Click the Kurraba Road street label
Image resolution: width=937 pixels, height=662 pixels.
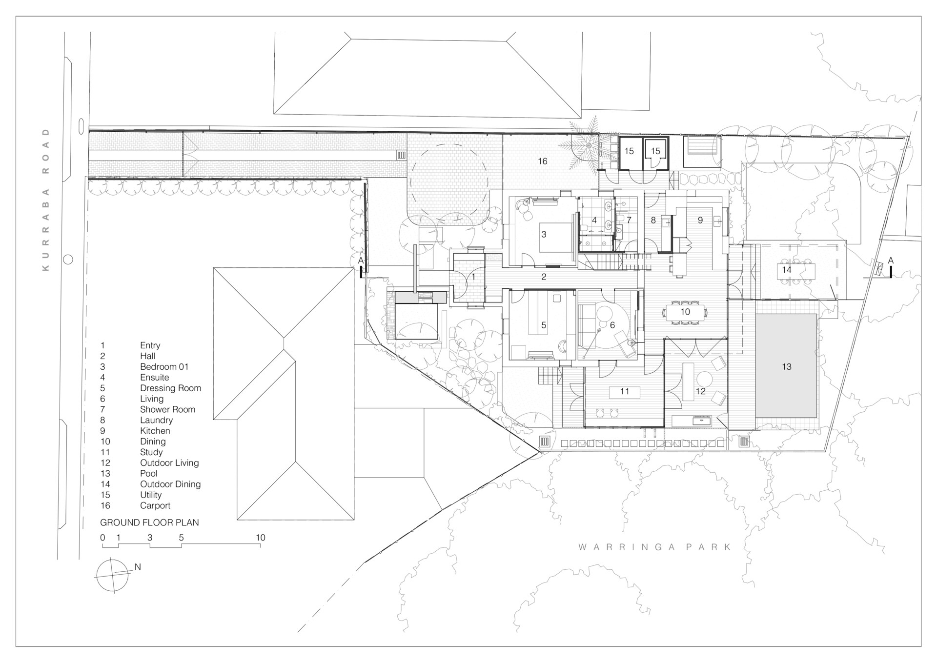click(x=46, y=200)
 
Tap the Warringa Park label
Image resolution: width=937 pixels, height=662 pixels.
click(x=655, y=547)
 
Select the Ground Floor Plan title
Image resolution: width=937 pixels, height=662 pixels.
click(x=149, y=522)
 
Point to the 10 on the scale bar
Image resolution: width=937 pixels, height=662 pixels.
click(x=260, y=538)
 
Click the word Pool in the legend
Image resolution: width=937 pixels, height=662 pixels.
click(x=148, y=474)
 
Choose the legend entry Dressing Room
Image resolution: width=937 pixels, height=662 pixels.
click(x=170, y=388)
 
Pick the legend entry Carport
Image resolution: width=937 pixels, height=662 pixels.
click(x=155, y=506)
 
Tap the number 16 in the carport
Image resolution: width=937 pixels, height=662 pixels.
click(x=543, y=161)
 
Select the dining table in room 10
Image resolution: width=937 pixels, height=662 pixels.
click(x=685, y=312)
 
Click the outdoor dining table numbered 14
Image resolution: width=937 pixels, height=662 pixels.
click(x=795, y=270)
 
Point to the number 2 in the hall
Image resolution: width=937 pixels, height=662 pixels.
click(x=544, y=277)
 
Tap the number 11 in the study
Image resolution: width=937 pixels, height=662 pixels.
click(x=625, y=391)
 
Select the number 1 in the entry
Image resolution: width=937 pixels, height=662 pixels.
click(x=473, y=277)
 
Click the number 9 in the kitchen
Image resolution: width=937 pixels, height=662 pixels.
click(x=700, y=221)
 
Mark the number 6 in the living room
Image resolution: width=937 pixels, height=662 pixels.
click(x=612, y=325)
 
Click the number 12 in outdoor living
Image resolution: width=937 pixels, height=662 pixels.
click(x=700, y=391)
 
